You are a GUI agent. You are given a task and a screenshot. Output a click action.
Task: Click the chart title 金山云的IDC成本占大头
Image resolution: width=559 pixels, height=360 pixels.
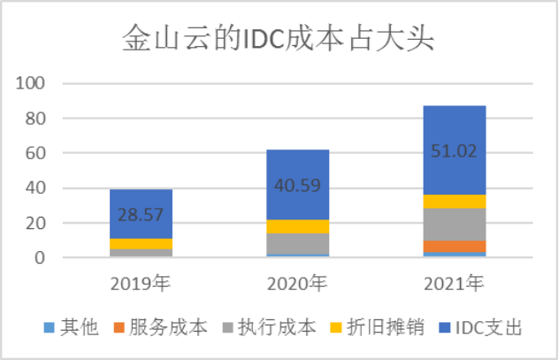coord(279,40)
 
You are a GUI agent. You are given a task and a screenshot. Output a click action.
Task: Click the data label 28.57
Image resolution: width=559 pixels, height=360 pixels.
coord(142,216)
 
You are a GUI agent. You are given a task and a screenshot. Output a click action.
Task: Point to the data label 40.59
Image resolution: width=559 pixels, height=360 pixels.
coord(298,187)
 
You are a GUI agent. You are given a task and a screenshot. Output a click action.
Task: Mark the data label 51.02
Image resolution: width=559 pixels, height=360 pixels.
coord(454,151)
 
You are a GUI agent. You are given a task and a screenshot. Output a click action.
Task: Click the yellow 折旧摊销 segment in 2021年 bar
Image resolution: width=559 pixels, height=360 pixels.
coord(454,201)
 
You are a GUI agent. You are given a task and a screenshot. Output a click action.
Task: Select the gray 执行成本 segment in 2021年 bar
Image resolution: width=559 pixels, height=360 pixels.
coord(454,224)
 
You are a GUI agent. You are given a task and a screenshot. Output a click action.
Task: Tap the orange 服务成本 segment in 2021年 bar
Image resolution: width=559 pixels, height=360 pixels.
coord(454,246)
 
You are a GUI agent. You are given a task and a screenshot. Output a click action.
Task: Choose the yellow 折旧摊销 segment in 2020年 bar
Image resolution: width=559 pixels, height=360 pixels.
coord(297,226)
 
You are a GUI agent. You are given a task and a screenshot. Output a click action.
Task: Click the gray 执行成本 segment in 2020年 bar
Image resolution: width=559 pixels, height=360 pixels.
coord(297,244)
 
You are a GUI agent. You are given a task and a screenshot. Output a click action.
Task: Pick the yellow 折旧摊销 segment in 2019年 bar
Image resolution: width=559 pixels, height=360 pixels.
coord(141,244)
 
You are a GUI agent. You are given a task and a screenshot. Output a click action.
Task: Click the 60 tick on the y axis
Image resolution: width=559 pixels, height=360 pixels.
coord(35,154)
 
